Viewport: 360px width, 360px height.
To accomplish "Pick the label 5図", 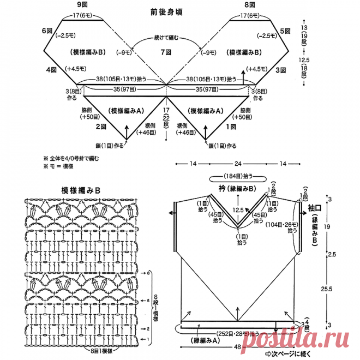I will click(284, 31).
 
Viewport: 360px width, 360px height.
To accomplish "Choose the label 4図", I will click(51, 70).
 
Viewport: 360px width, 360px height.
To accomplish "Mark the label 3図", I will click(280, 70).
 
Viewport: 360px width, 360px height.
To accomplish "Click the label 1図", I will click(230, 127).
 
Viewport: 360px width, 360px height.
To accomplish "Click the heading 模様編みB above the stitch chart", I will click(81, 190).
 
